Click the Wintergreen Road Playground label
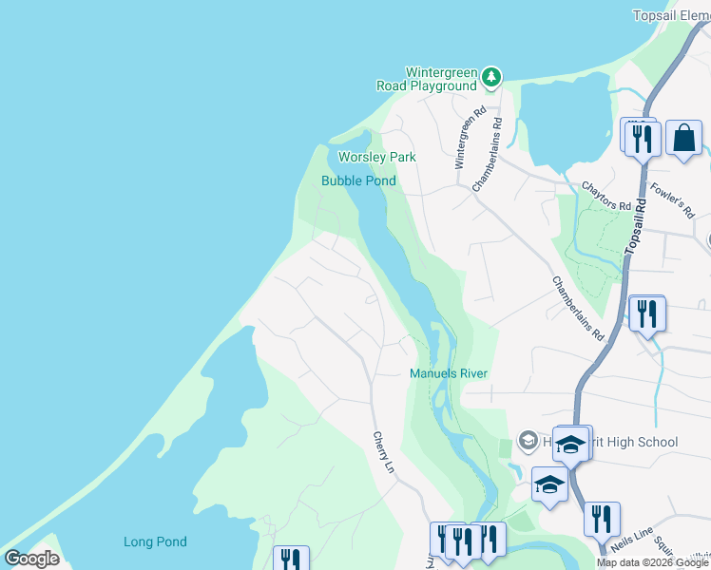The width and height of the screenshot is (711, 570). [441, 79]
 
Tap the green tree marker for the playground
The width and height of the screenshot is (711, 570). [490, 77]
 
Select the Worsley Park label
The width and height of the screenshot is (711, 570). [377, 157]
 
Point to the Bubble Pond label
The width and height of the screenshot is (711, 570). [358, 180]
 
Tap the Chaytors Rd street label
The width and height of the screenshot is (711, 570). [606, 198]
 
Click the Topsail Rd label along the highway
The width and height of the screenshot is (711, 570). [636, 225]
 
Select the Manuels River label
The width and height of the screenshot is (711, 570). [448, 373]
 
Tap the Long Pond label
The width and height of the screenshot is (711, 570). [155, 542]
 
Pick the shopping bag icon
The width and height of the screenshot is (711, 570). [683, 139]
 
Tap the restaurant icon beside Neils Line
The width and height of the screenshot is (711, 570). [602, 520]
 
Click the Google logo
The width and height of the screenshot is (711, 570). [31, 559]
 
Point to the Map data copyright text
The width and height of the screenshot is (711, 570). [653, 562]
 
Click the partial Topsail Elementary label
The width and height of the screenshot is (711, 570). [671, 15]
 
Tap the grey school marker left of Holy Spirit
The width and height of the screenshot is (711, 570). [527, 440]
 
